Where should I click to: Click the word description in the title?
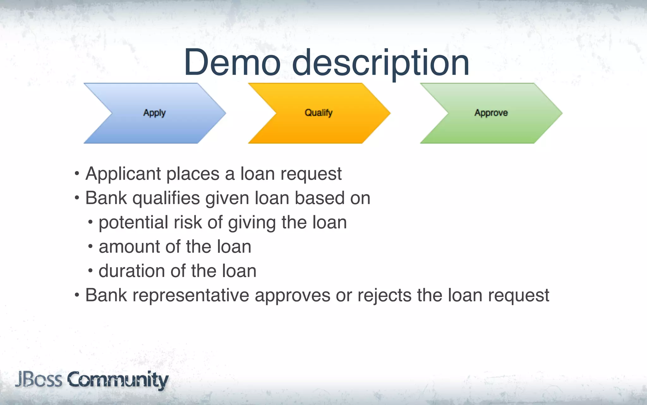[380, 63]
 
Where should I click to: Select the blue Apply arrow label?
[154, 113]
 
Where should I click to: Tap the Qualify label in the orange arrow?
[318, 113]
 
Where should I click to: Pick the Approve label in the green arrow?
[491, 113]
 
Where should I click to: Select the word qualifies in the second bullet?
[166, 199]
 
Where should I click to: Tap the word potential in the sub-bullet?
[133, 223]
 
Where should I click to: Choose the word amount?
[130, 247]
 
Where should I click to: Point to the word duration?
[132, 271]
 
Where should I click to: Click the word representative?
[191, 296]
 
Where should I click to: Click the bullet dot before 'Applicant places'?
[77, 174]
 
